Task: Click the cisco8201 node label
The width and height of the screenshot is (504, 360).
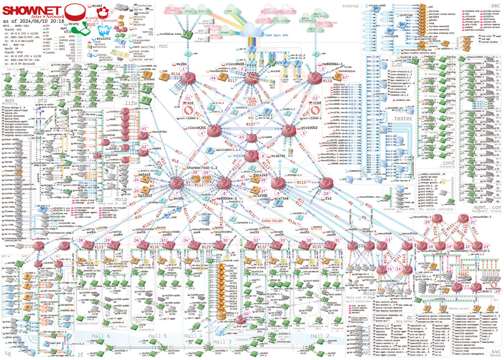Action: (x=197, y=128)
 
